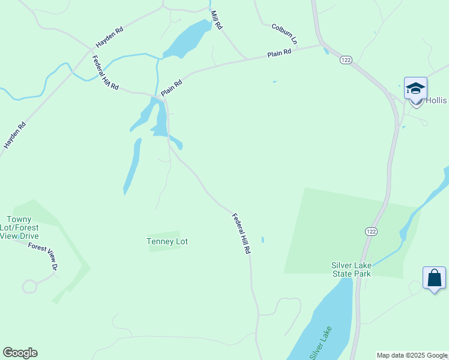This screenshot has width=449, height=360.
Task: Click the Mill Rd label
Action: [x=216, y=20]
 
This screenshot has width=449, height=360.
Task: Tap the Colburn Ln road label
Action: [x=285, y=34]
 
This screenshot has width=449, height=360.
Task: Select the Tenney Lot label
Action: [x=167, y=241]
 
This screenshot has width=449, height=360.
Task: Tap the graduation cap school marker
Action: [x=415, y=89]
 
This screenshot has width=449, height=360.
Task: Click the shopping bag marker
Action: [x=434, y=278]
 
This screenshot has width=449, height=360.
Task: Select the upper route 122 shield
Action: [x=345, y=60]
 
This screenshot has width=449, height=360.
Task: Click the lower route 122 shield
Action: [x=371, y=231]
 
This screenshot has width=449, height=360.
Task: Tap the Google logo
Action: [x=20, y=353]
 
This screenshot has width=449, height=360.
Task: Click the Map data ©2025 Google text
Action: [x=412, y=355]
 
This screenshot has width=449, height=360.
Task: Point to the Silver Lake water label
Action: [x=321, y=343]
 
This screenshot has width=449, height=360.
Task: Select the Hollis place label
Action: [x=437, y=101]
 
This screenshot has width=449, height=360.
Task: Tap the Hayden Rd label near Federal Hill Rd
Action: [x=109, y=37]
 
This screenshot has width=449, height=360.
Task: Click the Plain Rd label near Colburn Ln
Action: [x=279, y=53]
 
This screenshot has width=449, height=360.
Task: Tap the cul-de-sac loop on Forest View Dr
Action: [x=29, y=286]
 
